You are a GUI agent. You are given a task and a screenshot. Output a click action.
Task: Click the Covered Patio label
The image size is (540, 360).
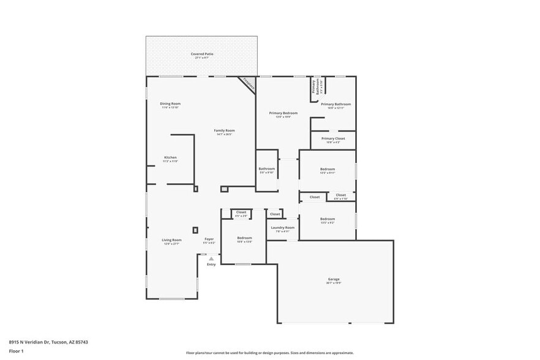coord(201,54)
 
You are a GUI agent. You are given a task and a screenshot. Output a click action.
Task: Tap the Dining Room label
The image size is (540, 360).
coord(170,103)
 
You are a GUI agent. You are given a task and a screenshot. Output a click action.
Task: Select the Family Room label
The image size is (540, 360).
coord(224,130)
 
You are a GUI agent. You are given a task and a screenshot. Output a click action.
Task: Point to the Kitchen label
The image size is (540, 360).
coord(170,157)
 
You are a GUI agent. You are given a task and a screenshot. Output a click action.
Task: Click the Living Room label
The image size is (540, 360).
coord(171,240)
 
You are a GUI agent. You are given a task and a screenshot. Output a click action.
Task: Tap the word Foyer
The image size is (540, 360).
coord(209,239)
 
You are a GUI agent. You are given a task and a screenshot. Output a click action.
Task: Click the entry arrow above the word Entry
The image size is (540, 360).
coord(211,258)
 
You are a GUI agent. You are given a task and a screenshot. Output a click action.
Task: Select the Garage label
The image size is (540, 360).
coord(333,279)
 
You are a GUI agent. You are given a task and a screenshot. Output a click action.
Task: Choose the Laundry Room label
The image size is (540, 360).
coord(282,228)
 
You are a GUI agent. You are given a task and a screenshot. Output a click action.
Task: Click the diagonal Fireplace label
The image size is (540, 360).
coord(248,84)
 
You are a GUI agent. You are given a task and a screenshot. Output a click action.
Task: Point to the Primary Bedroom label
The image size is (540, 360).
coord(283,113)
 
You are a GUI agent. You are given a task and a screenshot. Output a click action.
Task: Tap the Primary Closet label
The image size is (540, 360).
coord(333,138)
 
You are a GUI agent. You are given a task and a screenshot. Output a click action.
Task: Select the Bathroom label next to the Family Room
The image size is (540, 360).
coord(266,169)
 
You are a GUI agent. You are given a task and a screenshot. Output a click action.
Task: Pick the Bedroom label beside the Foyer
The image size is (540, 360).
coord(244,238)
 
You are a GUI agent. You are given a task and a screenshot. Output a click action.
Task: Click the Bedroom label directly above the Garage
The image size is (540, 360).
coord(327,219)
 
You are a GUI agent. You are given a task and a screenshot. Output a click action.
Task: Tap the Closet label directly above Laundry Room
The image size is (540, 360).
coord(275,214)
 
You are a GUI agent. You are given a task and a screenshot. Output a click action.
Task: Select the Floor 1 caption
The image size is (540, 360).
coord(16,351)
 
